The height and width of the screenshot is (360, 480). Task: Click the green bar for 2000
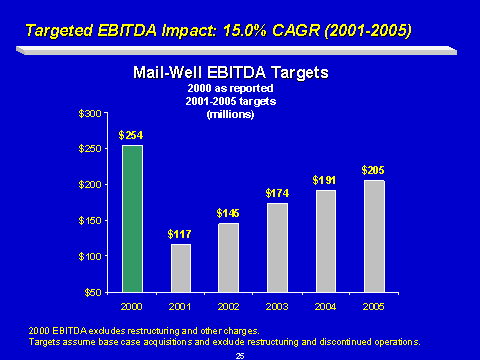[x=133, y=219]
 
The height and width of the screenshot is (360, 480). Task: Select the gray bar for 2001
[x=181, y=268]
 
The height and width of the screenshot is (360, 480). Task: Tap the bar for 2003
[x=277, y=248]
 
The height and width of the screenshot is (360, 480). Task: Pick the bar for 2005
[x=374, y=236]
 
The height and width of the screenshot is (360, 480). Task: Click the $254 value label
[x=131, y=135]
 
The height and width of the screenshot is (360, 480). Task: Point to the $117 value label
[x=179, y=234]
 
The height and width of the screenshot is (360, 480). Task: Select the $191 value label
[x=324, y=180]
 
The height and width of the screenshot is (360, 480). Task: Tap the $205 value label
[x=373, y=170]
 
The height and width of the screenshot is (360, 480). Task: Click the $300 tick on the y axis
[x=90, y=114]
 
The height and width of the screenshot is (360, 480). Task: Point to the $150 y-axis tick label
[x=90, y=221]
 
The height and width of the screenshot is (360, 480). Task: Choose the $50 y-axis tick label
[x=93, y=293]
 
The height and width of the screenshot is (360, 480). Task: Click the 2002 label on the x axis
[x=228, y=307]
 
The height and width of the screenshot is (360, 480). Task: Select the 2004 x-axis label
[x=325, y=307]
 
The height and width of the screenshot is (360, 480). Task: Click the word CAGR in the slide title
[x=296, y=31]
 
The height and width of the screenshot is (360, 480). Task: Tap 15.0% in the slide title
[x=245, y=31]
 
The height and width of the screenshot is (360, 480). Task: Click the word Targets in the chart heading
[x=299, y=73]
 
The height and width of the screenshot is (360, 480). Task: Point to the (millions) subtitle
[x=230, y=114]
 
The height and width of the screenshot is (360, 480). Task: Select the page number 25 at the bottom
[x=240, y=356]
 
